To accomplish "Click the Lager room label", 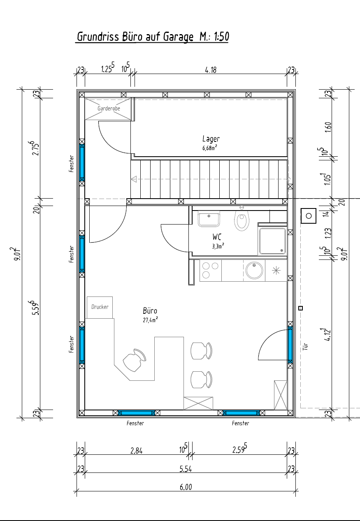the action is point(211,139).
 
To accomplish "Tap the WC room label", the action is point(217,237).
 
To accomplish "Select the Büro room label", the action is point(150,311).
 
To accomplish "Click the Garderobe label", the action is point(109,109).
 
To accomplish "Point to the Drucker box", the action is point(100,307).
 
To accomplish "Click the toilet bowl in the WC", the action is point(242,220).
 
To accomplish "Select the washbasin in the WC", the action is point(209,219).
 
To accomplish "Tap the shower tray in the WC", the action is point(272,241).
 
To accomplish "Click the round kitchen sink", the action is point(254,270).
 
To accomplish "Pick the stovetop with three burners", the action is point(211,271).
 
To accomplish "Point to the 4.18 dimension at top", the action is point(211,70).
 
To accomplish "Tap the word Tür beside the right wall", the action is point(305,347).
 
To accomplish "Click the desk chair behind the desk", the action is point(134,360).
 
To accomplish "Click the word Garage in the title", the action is point(178,37).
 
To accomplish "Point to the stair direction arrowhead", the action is point(134,179).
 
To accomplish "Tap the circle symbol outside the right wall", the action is point(309,216).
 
